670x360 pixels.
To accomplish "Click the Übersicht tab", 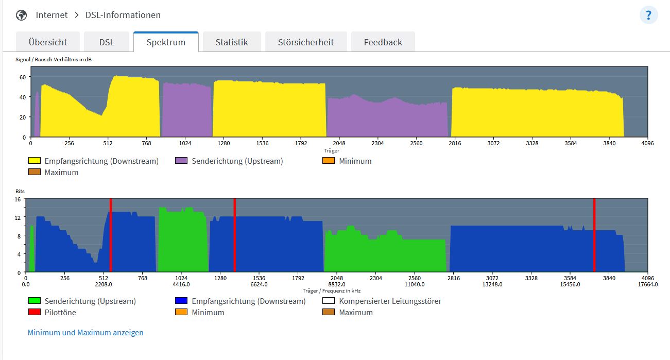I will (48, 42).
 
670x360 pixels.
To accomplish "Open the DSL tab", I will (107, 42).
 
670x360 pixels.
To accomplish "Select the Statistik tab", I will (232, 42).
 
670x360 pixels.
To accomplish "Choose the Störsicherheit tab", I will (306, 42).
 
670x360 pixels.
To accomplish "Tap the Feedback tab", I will (383, 42).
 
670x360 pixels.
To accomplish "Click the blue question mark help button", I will (648, 15).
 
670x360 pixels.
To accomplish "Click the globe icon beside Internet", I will (22, 15).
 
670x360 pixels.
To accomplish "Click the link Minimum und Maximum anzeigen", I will (85, 333).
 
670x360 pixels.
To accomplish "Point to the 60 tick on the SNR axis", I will (23, 77).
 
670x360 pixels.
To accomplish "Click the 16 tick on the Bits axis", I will (18, 199).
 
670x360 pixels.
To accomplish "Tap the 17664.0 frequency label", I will (647, 284).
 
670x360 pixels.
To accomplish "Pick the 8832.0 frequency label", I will (337, 284).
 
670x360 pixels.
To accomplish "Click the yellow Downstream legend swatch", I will (35, 161).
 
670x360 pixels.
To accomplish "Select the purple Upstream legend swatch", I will (181, 161).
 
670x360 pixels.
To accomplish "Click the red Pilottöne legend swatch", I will (35, 313).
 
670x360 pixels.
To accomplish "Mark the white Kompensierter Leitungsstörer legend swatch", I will (329, 301).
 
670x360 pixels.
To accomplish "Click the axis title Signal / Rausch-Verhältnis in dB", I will (54, 60).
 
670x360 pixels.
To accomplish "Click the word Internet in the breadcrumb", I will (51, 15).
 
